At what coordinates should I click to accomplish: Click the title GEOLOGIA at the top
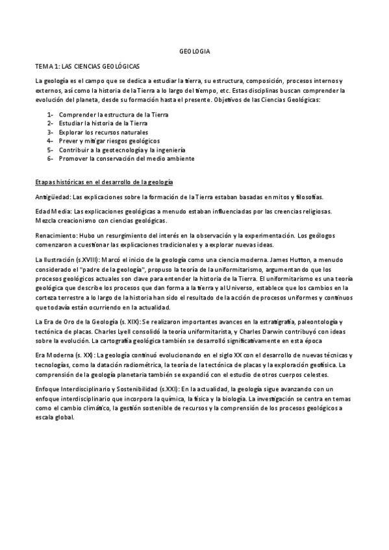[x=194, y=51]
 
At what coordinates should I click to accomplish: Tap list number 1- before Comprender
[x=50, y=114]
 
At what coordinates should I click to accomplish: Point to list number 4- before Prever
[x=50, y=141]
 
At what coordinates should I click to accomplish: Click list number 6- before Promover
[x=50, y=158]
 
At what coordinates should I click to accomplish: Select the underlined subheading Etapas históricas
[x=104, y=181]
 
